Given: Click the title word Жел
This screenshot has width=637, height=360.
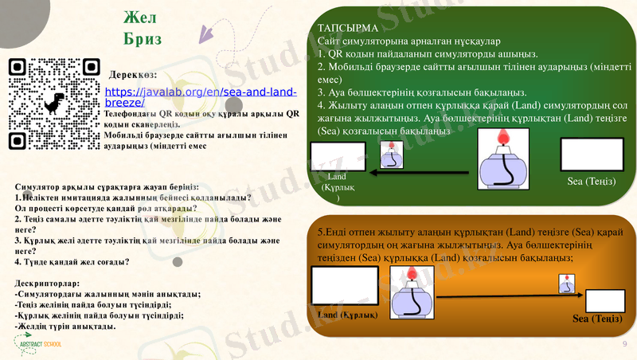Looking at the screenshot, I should (142, 18).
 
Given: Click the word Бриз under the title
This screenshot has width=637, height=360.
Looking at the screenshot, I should (143, 38).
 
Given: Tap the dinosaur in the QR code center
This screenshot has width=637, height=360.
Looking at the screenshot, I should (53, 104).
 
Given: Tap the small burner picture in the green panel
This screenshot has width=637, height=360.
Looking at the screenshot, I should (391, 155).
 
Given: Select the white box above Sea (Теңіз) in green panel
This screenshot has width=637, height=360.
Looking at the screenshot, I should (592, 155).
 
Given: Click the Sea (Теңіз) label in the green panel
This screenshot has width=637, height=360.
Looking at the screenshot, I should (592, 181).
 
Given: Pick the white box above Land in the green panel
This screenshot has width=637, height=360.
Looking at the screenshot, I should (338, 156).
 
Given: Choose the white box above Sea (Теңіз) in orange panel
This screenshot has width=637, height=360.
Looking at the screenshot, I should (604, 300).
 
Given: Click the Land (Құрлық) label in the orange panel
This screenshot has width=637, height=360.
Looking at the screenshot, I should (347, 315).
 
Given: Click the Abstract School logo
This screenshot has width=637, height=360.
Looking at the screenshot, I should (37, 344).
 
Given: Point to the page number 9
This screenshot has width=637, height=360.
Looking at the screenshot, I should (624, 343).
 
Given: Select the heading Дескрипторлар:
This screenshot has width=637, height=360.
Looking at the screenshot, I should (48, 283).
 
